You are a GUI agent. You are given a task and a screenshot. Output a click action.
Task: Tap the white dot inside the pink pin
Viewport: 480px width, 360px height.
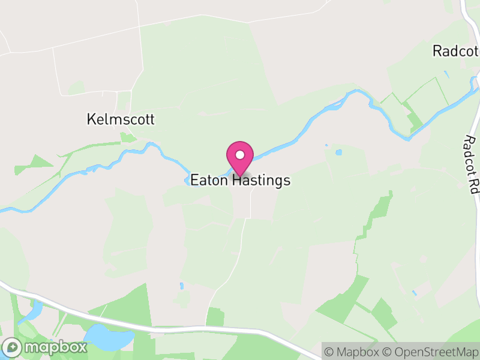pos(239,155)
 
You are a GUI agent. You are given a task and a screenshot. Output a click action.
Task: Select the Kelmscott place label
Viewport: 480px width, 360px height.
pos(121,119)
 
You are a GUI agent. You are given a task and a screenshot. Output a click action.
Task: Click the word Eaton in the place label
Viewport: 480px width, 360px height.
pos(210,180)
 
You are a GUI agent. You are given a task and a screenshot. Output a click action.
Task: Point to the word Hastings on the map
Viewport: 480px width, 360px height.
pos(262,180)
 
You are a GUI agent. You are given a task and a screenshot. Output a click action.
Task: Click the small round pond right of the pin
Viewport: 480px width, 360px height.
pos(338,152)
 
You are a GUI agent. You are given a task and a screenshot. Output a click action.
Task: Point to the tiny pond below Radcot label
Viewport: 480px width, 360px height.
pos(446,74)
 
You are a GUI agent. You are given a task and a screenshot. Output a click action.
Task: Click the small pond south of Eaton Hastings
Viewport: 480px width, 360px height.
pos(181,286)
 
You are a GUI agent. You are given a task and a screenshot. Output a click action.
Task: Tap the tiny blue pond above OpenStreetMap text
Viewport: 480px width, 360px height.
pos(414,293)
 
